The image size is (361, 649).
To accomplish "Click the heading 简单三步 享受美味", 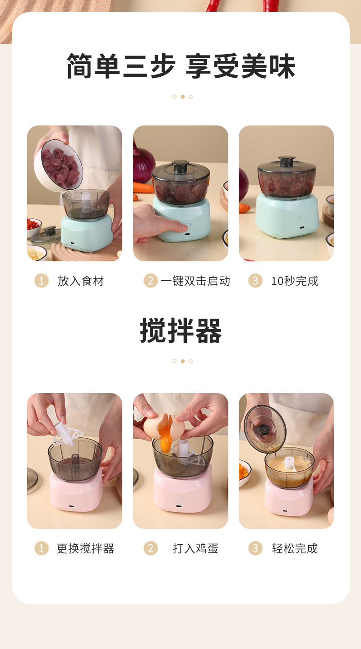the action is [181, 66].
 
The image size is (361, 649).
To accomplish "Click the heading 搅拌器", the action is [181, 330].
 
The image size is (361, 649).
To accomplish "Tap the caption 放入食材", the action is [81, 281].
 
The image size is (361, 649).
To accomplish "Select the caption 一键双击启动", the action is [195, 281].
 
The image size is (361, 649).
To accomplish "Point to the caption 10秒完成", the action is [295, 281].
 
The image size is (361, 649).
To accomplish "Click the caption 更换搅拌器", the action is [85, 548].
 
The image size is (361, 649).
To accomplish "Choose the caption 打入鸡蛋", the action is [195, 548].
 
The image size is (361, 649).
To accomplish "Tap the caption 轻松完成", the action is [295, 548].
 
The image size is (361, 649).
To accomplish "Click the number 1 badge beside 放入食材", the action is [42, 281].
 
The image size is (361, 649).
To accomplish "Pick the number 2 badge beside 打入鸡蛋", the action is [151, 548].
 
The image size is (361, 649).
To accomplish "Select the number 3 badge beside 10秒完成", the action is [255, 281].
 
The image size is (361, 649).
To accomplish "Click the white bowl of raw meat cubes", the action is [59, 166].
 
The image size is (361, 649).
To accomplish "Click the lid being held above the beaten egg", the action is [265, 429].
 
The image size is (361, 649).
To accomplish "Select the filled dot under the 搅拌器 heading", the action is [182, 361].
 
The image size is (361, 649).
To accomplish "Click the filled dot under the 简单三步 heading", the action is [182, 97].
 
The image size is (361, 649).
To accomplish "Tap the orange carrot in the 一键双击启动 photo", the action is [143, 188].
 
